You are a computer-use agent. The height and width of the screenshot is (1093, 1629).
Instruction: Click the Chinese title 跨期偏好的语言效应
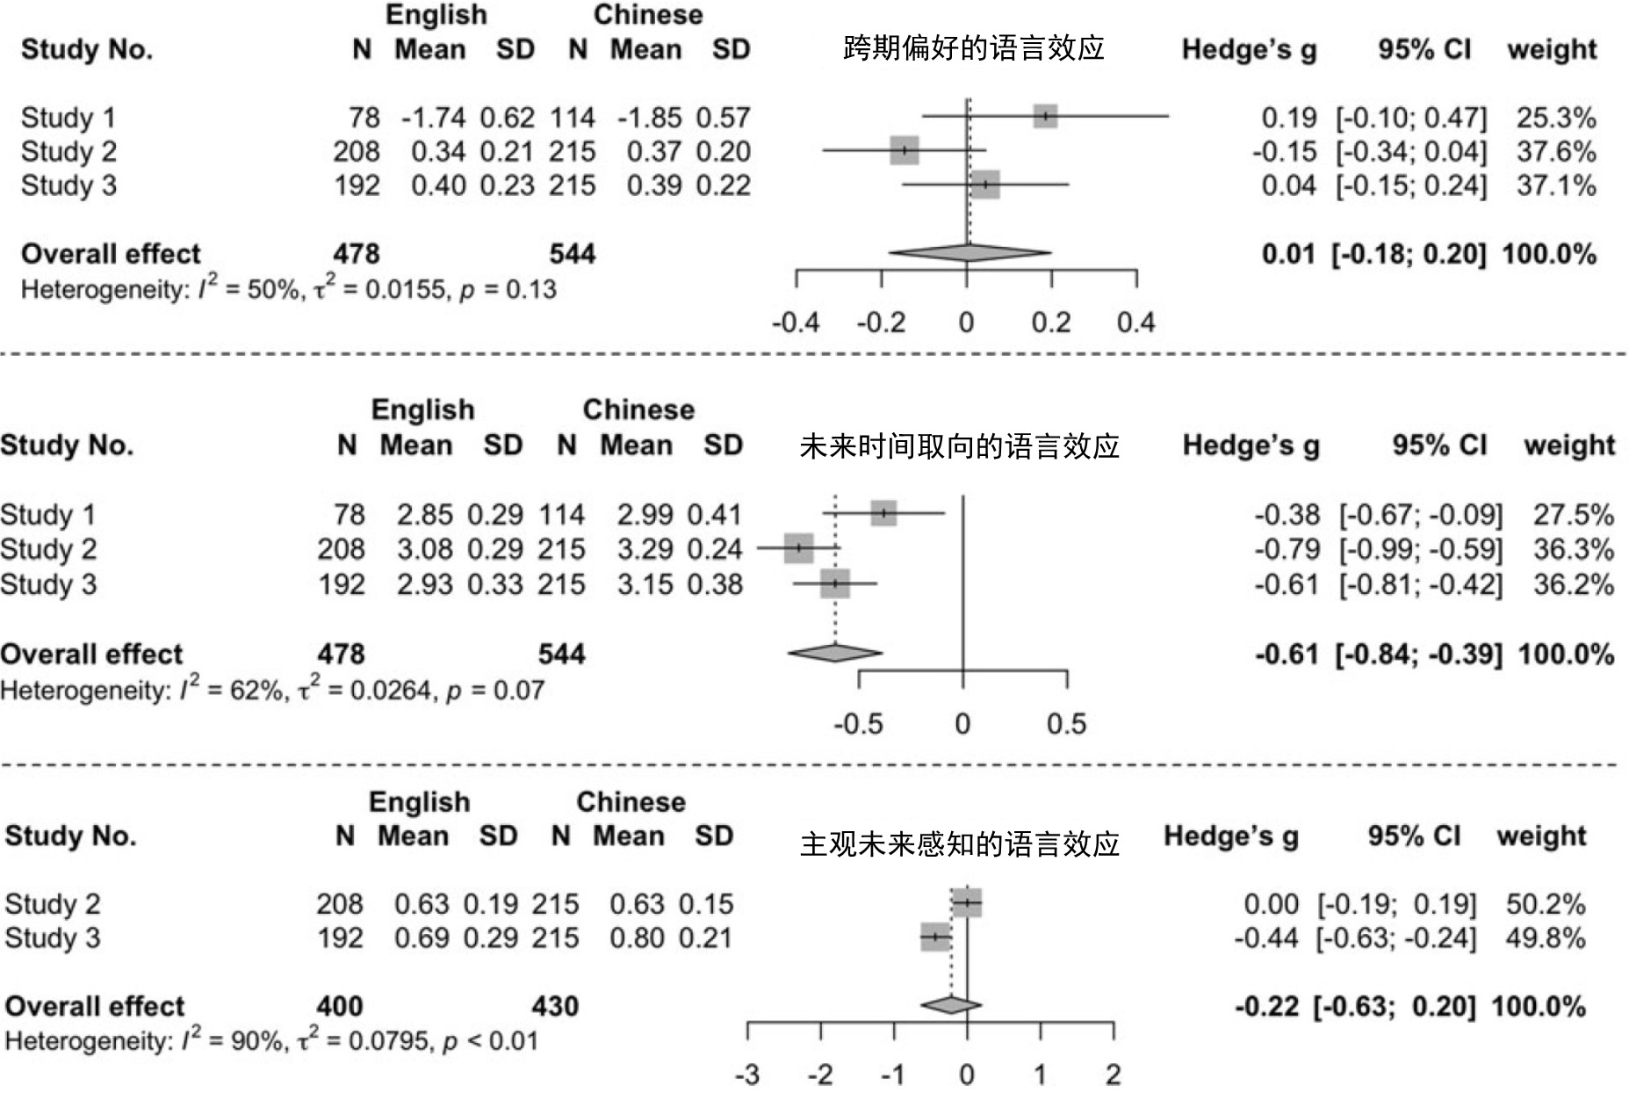click(x=973, y=47)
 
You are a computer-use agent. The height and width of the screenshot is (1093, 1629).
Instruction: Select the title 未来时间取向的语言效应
click(x=959, y=446)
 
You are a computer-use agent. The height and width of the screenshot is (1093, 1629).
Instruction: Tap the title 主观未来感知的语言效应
click(x=959, y=844)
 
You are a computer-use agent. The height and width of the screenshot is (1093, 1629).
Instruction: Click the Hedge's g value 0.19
click(x=1288, y=118)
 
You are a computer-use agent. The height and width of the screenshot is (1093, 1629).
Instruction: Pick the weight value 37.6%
click(x=1555, y=152)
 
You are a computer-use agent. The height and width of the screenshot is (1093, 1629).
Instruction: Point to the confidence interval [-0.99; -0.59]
click(x=1420, y=550)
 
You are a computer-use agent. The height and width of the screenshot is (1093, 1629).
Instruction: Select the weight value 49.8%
click(x=1545, y=938)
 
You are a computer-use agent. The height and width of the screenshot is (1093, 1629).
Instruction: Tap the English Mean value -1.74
click(x=434, y=118)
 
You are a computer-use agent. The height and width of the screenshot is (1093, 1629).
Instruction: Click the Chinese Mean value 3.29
click(x=645, y=550)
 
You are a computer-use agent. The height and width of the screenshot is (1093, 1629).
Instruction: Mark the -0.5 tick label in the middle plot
click(x=858, y=724)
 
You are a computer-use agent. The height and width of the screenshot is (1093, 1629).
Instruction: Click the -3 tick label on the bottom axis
click(x=747, y=1075)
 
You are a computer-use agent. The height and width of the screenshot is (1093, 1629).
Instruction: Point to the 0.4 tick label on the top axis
click(x=1135, y=322)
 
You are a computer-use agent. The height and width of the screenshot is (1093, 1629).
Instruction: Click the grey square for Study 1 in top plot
click(x=1045, y=116)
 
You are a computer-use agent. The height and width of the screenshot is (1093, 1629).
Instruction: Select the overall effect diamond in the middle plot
click(x=835, y=653)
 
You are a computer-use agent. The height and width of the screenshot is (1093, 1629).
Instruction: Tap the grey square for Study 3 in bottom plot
click(x=935, y=937)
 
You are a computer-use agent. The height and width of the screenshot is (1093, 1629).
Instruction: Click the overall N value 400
click(x=339, y=1007)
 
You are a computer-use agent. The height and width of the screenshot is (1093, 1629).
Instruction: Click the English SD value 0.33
click(x=494, y=585)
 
